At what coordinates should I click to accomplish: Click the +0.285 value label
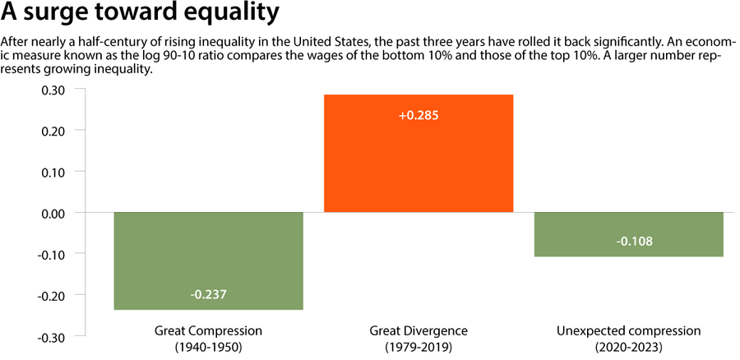pyautogui.click(x=419, y=115)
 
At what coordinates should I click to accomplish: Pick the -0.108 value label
pyautogui.click(x=629, y=242)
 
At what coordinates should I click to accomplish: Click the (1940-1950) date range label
pyautogui.click(x=208, y=347)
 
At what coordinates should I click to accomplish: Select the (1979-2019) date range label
pyautogui.click(x=419, y=347)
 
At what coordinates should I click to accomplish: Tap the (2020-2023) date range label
pyautogui.click(x=629, y=347)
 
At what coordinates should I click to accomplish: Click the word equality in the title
pyautogui.click(x=232, y=15)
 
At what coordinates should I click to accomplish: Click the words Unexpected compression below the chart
pyautogui.click(x=629, y=330)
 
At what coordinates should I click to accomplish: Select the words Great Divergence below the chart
pyautogui.click(x=419, y=330)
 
